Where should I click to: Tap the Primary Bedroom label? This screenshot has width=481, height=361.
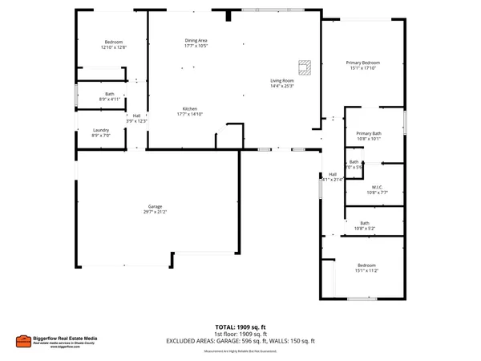tap(362, 63)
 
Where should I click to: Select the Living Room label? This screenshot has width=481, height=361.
tap(281, 80)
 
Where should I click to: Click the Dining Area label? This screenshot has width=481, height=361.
tap(196, 40)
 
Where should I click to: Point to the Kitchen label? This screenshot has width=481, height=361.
tap(190, 108)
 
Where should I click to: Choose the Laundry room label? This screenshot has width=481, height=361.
tap(101, 130)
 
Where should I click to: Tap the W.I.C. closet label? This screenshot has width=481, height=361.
tap(377, 188)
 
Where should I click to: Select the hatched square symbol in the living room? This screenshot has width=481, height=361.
tap(304, 65)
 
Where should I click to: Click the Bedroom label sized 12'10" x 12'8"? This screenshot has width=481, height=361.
tap(114, 42)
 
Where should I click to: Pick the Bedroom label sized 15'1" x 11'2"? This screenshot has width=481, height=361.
tap(366, 265)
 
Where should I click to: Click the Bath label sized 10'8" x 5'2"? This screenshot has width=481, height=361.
tap(365, 223)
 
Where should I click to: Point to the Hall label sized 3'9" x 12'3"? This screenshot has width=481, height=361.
tap(136, 116)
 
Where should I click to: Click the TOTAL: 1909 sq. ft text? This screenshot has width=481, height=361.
tap(240, 327)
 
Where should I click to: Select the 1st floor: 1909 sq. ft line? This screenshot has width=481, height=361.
tap(240, 334)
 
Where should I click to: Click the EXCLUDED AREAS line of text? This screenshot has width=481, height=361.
tap(240, 341)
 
